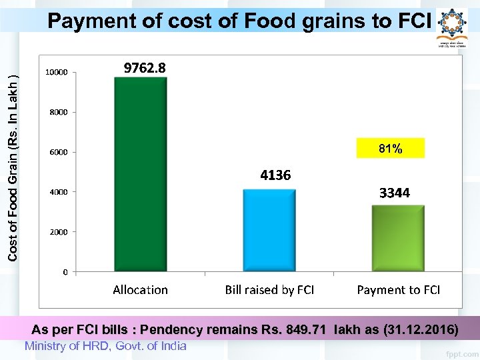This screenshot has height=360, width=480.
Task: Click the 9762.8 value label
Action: tap(145, 68)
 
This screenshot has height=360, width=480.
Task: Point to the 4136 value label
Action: tap(275, 175)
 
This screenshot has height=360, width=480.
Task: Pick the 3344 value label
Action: tap(395, 193)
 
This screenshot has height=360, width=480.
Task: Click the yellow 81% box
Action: tap(390, 149)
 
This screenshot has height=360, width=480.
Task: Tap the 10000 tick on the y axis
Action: tap(56, 72)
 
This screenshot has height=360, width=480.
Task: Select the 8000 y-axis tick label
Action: tap(58, 112)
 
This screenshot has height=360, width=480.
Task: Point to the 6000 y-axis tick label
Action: tap(58, 152)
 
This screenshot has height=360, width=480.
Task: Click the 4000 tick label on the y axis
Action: tap(58, 192)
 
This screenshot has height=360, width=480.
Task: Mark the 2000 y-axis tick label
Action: tap(58, 232)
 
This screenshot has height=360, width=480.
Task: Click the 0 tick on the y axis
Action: tap(65, 272)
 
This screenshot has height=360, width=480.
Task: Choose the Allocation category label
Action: tap(140, 290)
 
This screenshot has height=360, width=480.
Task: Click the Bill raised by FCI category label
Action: tap(269, 290)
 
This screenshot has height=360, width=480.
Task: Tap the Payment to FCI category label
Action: tap(399, 290)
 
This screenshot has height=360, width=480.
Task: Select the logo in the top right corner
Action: tap(453, 27)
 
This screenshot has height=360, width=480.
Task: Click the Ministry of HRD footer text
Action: tap(105, 346)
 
